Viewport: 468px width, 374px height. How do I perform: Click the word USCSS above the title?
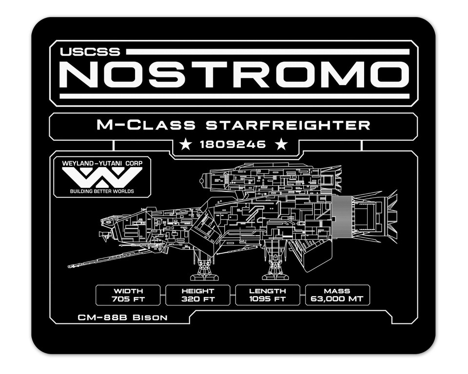pos(90,52)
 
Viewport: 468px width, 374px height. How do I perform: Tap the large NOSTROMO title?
pos(234,75)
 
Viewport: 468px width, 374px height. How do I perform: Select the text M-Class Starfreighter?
pos(234,125)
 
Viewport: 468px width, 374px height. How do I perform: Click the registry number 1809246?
pos(233,145)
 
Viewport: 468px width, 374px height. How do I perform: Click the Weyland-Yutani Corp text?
pos(102,163)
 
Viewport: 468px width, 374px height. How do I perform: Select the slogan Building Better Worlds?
pos(102,191)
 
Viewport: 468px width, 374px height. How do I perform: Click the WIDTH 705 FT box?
pos(128,295)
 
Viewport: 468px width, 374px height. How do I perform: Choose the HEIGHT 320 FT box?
pos(198,295)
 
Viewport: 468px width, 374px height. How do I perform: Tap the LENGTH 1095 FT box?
pos(268,295)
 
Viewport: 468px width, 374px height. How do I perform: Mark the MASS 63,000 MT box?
pos(337,295)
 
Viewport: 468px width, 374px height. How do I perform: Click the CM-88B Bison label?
pos(123,318)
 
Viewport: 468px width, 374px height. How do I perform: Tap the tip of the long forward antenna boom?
pos(68,266)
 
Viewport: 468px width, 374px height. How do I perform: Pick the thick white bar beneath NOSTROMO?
pos(234,96)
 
